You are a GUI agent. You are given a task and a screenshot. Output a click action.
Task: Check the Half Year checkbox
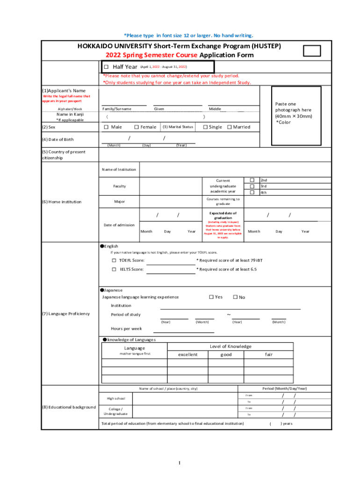click(x=107, y=67)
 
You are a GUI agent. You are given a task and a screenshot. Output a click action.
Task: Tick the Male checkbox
click(x=106, y=127)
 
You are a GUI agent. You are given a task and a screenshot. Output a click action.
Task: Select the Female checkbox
click(x=137, y=127)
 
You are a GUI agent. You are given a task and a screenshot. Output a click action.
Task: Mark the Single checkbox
click(x=205, y=127)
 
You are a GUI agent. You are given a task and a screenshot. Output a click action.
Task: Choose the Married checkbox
click(x=229, y=127)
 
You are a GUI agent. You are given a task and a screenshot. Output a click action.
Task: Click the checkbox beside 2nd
click(x=252, y=180)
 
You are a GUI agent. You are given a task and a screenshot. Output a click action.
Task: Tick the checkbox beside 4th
click(x=252, y=192)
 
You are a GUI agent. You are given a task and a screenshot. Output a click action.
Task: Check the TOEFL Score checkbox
click(x=114, y=260)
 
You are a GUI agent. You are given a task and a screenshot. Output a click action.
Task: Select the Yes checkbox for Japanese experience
click(x=211, y=297)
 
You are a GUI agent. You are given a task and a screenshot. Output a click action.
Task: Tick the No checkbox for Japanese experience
click(x=235, y=297)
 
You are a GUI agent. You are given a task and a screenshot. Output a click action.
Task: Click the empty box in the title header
click(x=312, y=51)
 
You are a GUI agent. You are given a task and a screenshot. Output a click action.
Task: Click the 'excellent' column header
click(x=187, y=355)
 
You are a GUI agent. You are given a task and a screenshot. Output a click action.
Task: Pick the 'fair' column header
click(x=269, y=355)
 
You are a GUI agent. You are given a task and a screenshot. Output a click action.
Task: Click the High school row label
click(x=116, y=399)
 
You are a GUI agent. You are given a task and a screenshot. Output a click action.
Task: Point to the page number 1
click(x=179, y=464)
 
